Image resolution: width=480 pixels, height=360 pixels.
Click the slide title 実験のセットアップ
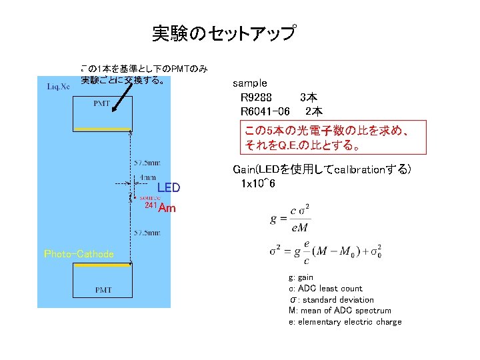224,33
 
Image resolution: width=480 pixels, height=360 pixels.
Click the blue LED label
169,188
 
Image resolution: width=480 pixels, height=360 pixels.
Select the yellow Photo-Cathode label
79,254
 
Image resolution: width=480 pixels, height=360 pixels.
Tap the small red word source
149,198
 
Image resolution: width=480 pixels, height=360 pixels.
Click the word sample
249,83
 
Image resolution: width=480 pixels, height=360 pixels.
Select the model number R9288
256,97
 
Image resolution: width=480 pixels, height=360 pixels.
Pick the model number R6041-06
265,111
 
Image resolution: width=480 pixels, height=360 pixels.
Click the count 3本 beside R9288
308,97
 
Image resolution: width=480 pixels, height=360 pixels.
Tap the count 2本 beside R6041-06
313,111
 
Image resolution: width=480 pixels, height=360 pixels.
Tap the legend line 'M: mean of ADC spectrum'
339,311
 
